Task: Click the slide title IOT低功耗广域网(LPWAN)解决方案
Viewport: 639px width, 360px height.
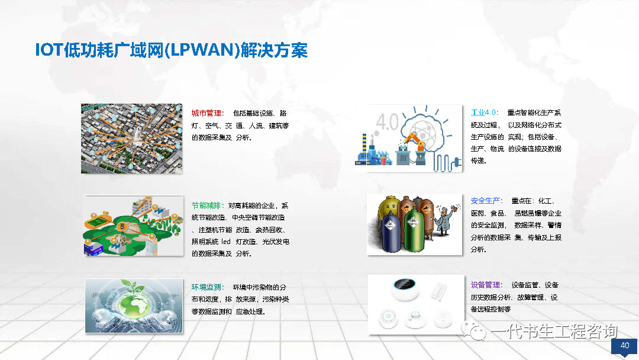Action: pos(171,50)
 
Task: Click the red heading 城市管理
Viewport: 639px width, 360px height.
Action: pos(206,113)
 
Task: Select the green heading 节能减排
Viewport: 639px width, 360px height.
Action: pos(206,205)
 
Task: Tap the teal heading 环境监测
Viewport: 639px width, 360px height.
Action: pos(206,287)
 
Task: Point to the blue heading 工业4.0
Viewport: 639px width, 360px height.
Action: pos(484,112)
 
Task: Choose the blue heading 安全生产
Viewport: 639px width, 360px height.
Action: pos(485,201)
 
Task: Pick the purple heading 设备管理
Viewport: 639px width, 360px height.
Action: pos(485,285)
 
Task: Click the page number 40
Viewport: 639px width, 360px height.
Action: pos(625,345)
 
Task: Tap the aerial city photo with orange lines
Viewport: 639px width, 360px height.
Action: pos(131,139)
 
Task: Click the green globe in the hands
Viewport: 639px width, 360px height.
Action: pos(134,303)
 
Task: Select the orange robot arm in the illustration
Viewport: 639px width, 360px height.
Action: pos(414,142)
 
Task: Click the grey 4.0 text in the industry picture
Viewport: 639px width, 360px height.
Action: pos(387,122)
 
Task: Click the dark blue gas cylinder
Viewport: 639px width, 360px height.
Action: pos(391,232)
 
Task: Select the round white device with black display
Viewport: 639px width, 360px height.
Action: pos(405,289)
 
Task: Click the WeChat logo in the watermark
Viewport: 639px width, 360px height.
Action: pos(473,330)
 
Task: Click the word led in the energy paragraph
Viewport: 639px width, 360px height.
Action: pos(226,242)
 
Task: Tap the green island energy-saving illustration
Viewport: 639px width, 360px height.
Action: pos(134,226)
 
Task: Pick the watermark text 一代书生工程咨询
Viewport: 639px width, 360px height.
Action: pos(554,331)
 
